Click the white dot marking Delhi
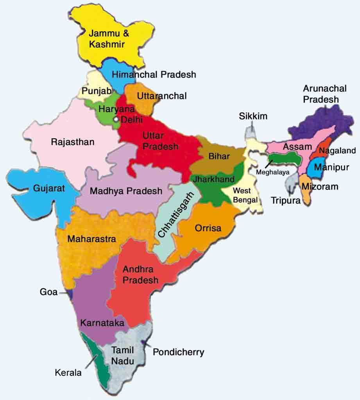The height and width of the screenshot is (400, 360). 116,118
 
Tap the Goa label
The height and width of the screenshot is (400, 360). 48,292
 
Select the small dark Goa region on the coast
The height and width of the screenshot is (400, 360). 70,293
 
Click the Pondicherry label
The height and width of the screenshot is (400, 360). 178,352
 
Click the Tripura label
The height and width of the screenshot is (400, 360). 286,200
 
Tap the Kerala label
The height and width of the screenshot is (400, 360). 68,373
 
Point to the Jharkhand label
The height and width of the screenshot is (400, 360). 213,179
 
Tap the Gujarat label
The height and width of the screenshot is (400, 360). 49,188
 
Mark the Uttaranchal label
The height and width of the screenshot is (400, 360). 162,96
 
